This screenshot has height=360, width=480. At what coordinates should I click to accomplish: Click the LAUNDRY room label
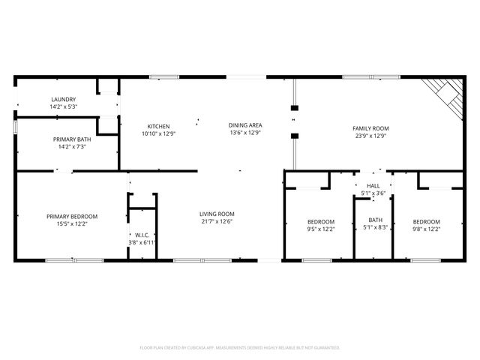(x=64, y=100)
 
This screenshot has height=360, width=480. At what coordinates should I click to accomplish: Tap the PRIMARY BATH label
(x=72, y=139)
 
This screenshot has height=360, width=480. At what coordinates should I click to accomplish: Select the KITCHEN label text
(x=158, y=126)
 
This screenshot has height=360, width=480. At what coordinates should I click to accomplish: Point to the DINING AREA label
(x=245, y=126)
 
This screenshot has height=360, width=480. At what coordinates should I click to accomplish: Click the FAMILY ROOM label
(x=370, y=128)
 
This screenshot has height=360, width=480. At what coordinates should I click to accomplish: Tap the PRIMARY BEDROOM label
(x=72, y=217)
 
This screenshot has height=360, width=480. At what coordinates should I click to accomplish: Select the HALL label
(x=373, y=185)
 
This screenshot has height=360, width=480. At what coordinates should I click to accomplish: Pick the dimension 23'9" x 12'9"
(x=370, y=136)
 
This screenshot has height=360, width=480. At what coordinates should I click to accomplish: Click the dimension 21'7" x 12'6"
(x=217, y=221)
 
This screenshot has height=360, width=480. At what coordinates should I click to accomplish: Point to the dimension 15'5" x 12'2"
(x=72, y=224)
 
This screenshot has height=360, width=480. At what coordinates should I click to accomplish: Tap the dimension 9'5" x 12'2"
(x=320, y=229)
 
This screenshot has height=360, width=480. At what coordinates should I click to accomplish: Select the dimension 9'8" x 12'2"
(x=426, y=229)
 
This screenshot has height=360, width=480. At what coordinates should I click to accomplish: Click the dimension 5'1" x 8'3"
(x=374, y=227)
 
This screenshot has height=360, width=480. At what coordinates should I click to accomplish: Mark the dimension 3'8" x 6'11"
(x=140, y=242)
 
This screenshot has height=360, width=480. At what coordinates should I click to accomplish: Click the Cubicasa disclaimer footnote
(x=240, y=348)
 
